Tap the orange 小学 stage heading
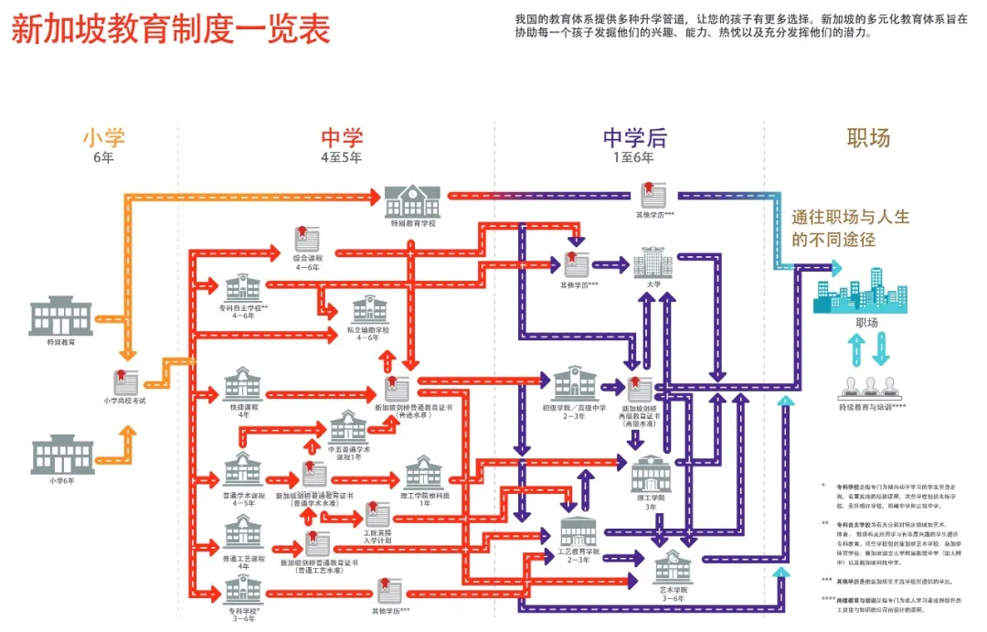[103, 138]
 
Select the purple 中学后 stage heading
[634, 138]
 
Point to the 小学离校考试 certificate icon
[125, 381]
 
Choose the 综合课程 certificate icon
[307, 240]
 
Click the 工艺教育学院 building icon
[578, 531]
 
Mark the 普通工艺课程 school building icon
[243, 531]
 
